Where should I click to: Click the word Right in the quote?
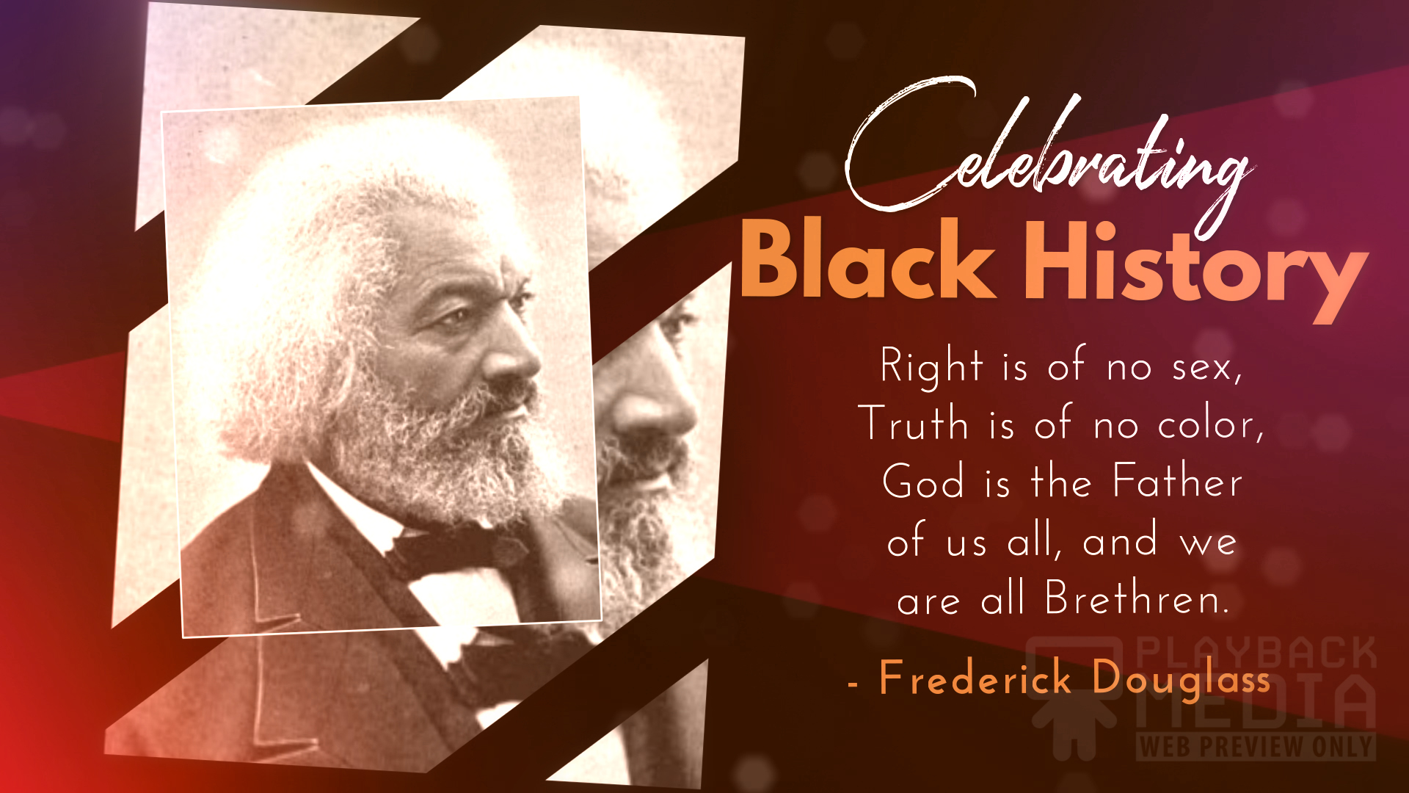931,366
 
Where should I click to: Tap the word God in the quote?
923,482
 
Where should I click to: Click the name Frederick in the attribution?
975,677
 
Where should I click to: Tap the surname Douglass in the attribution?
1181,680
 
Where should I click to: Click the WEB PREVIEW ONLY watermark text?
1256,747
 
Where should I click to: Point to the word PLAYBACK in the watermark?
1256,653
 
